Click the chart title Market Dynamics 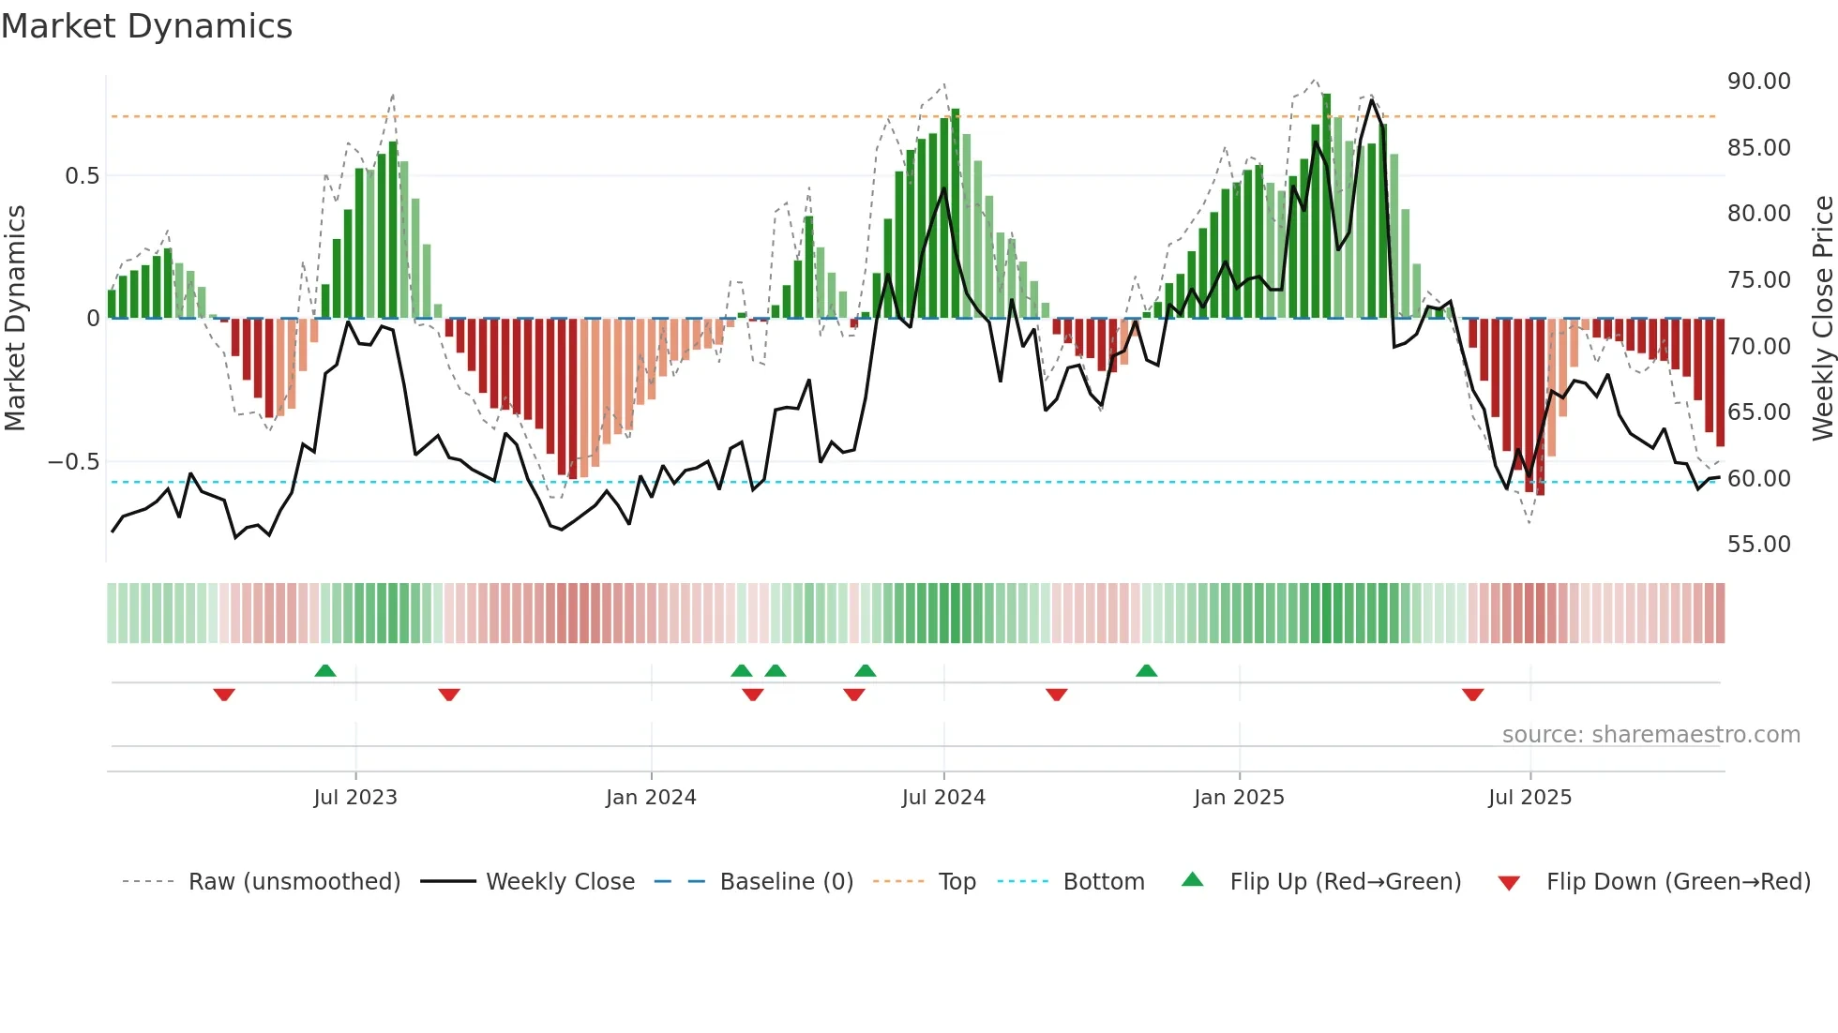[x=147, y=26]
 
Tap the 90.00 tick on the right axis [x=1758, y=82]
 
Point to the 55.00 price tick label [x=1758, y=545]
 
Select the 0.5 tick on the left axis [x=82, y=176]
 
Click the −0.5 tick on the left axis [x=73, y=462]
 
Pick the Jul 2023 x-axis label [x=355, y=798]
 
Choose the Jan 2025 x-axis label [x=1239, y=798]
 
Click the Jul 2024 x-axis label [x=943, y=798]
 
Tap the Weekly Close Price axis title [x=1822, y=319]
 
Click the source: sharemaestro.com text [x=1650, y=735]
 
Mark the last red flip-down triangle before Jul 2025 [x=1472, y=695]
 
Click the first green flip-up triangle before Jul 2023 [x=325, y=670]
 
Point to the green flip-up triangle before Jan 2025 [x=1146, y=670]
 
